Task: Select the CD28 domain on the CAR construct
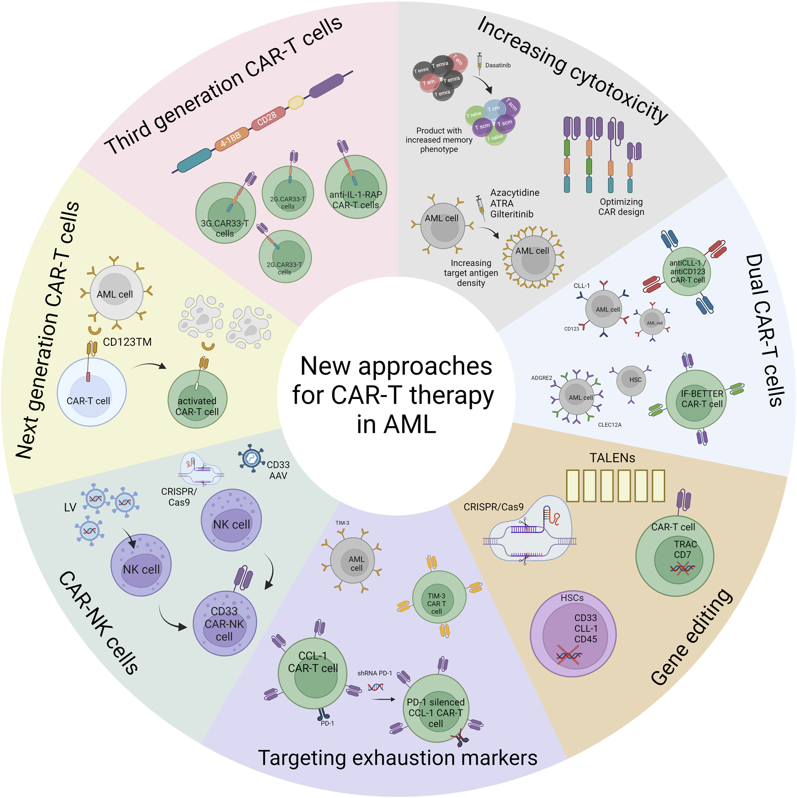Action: pyautogui.click(x=268, y=118)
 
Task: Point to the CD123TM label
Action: pyautogui.click(x=127, y=342)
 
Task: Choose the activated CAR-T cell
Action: pyautogui.click(x=197, y=399)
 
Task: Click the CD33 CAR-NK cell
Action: pyautogui.click(x=224, y=623)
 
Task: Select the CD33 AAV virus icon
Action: pyautogui.click(x=251, y=458)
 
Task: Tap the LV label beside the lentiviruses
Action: pyautogui.click(x=70, y=508)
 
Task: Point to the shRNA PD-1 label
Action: pyautogui.click(x=375, y=673)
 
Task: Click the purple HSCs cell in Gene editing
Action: pyautogui.click(x=573, y=634)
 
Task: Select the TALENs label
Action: pyautogui.click(x=612, y=458)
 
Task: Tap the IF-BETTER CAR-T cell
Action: pyautogui.click(x=696, y=399)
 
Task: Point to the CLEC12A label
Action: pyautogui.click(x=609, y=425)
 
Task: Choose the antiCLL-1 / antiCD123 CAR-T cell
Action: pyautogui.click(x=687, y=271)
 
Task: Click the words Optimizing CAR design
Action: pyautogui.click(x=621, y=207)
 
